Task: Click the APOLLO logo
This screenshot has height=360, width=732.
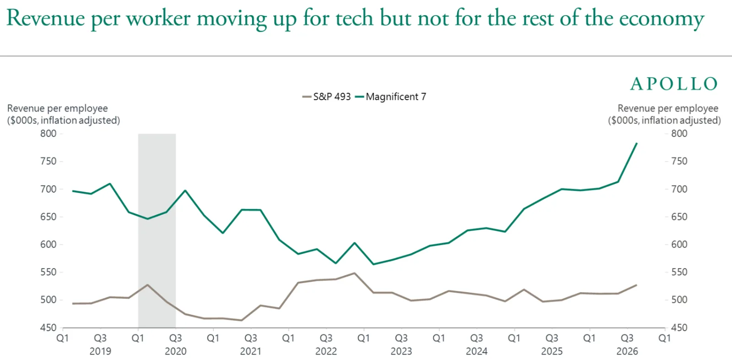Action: coord(673,84)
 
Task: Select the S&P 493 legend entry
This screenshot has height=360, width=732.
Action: coord(327,97)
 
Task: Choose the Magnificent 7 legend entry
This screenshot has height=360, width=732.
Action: coord(391,97)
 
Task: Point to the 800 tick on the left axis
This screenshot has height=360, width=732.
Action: coord(48,134)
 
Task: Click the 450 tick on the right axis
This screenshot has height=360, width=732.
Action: coord(679,328)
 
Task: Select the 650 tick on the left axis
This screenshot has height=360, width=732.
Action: coord(48,217)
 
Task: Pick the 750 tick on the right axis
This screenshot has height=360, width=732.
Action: coord(679,161)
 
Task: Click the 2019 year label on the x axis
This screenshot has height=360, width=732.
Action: coord(100,351)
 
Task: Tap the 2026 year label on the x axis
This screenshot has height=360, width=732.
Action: coord(627,351)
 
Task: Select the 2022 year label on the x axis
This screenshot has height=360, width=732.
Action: coord(326,351)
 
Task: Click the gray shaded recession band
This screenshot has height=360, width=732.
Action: coord(157,231)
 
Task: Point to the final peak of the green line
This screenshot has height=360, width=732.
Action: coord(636,143)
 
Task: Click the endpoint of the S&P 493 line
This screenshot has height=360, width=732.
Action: coord(636,285)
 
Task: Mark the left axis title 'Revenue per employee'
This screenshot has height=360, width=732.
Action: coord(58,108)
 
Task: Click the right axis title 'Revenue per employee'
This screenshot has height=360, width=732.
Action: coord(668,108)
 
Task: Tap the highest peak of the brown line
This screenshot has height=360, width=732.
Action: coord(355,273)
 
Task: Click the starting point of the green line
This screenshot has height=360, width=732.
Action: coord(73,191)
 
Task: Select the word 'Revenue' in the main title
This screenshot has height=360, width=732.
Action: coord(46,18)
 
